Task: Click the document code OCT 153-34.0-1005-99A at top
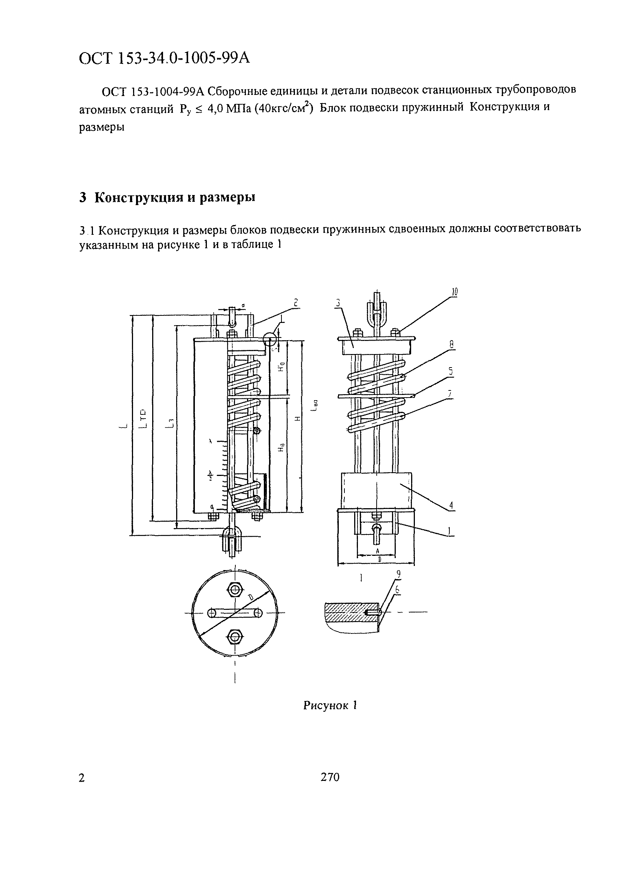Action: coord(164,59)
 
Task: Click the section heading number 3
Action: coord(82,198)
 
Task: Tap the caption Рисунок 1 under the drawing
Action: coord(330,705)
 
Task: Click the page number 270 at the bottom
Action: coord(330,777)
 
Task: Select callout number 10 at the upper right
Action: coord(455,292)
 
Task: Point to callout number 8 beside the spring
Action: coord(452,344)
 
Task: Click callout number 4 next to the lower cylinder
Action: coord(451,506)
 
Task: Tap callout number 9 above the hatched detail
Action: coord(398,574)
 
